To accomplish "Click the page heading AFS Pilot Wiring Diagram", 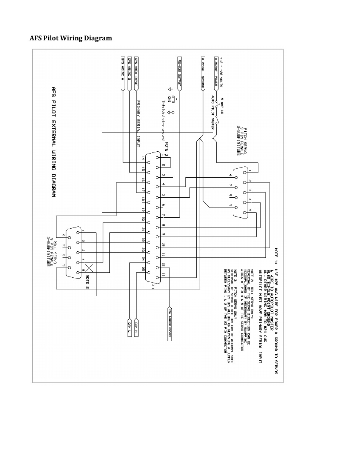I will point(71,38).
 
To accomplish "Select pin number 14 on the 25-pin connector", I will point(143,159).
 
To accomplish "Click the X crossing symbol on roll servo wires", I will point(89,268).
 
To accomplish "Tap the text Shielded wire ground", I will point(163,120).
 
